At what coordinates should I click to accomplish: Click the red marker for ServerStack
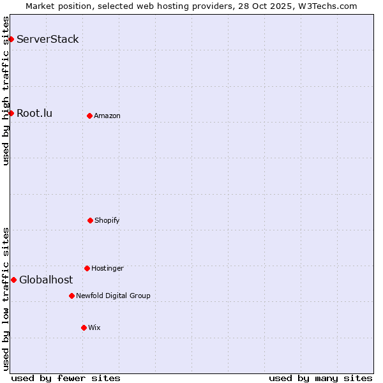(11, 40)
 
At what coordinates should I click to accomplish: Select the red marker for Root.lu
(11, 114)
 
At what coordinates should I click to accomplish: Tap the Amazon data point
(89, 116)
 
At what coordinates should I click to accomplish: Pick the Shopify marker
(90, 220)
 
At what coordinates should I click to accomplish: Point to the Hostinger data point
(87, 268)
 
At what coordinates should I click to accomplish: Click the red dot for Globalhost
(13, 280)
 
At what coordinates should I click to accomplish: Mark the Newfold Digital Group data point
(71, 296)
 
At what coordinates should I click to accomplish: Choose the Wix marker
(84, 327)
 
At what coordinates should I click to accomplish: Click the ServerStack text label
(48, 40)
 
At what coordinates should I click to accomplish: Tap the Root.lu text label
(34, 114)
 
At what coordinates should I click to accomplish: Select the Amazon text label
(107, 116)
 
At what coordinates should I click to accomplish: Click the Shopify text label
(107, 220)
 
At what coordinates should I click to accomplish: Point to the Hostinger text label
(107, 268)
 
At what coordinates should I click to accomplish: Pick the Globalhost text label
(46, 280)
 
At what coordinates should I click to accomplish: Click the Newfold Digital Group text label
(113, 296)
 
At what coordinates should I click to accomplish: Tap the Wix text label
(94, 327)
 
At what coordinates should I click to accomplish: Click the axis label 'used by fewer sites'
(66, 378)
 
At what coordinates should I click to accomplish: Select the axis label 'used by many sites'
(320, 378)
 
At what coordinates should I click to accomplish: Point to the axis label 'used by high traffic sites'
(6, 91)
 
